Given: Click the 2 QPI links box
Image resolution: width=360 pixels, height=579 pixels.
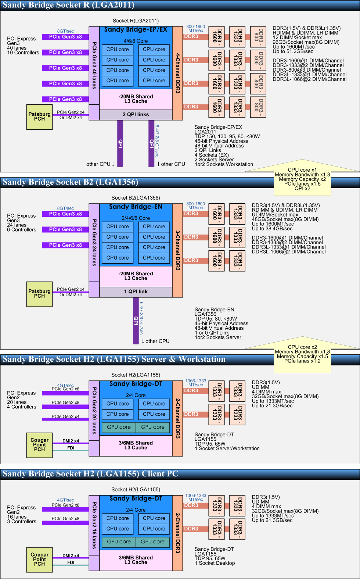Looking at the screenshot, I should pos(136,115).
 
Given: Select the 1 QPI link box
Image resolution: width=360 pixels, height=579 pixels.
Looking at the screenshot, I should pos(136,292).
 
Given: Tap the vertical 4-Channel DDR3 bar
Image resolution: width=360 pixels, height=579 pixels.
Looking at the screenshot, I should pos(177,73).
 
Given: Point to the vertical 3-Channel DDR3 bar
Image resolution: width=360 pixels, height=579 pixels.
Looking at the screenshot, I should pos(177,250).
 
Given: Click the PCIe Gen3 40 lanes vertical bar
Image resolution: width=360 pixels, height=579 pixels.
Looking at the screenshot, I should pos(94,65).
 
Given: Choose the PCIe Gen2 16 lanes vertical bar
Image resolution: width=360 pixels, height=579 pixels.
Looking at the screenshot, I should pos(94,525).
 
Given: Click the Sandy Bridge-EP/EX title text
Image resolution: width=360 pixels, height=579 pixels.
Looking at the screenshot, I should pos(136,30).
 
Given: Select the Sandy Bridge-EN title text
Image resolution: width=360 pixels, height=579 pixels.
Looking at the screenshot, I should pos(136,207).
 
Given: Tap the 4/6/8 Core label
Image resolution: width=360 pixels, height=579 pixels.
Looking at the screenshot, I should pos(136,41).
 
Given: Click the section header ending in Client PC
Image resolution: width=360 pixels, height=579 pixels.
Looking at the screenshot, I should pos(90,474).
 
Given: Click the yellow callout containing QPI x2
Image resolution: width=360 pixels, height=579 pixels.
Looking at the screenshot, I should pos(302,179).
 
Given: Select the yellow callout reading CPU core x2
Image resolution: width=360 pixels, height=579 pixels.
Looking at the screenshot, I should pos(302,354).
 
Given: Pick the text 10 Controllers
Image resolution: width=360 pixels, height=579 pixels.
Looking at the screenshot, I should pos(23,53).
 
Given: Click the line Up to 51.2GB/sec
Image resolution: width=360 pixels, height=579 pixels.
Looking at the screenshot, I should pos(293,51).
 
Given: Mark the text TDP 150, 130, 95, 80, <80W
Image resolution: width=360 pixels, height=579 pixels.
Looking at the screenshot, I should pos(227,136).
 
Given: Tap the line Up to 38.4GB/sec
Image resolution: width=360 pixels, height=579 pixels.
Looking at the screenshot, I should pos(272,229).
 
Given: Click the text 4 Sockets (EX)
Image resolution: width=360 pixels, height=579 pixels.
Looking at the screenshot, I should pos(212,155).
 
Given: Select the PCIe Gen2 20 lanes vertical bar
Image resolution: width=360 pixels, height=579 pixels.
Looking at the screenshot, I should pos(94,411).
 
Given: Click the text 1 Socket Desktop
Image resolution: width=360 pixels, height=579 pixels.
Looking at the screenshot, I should pos(215,563).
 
